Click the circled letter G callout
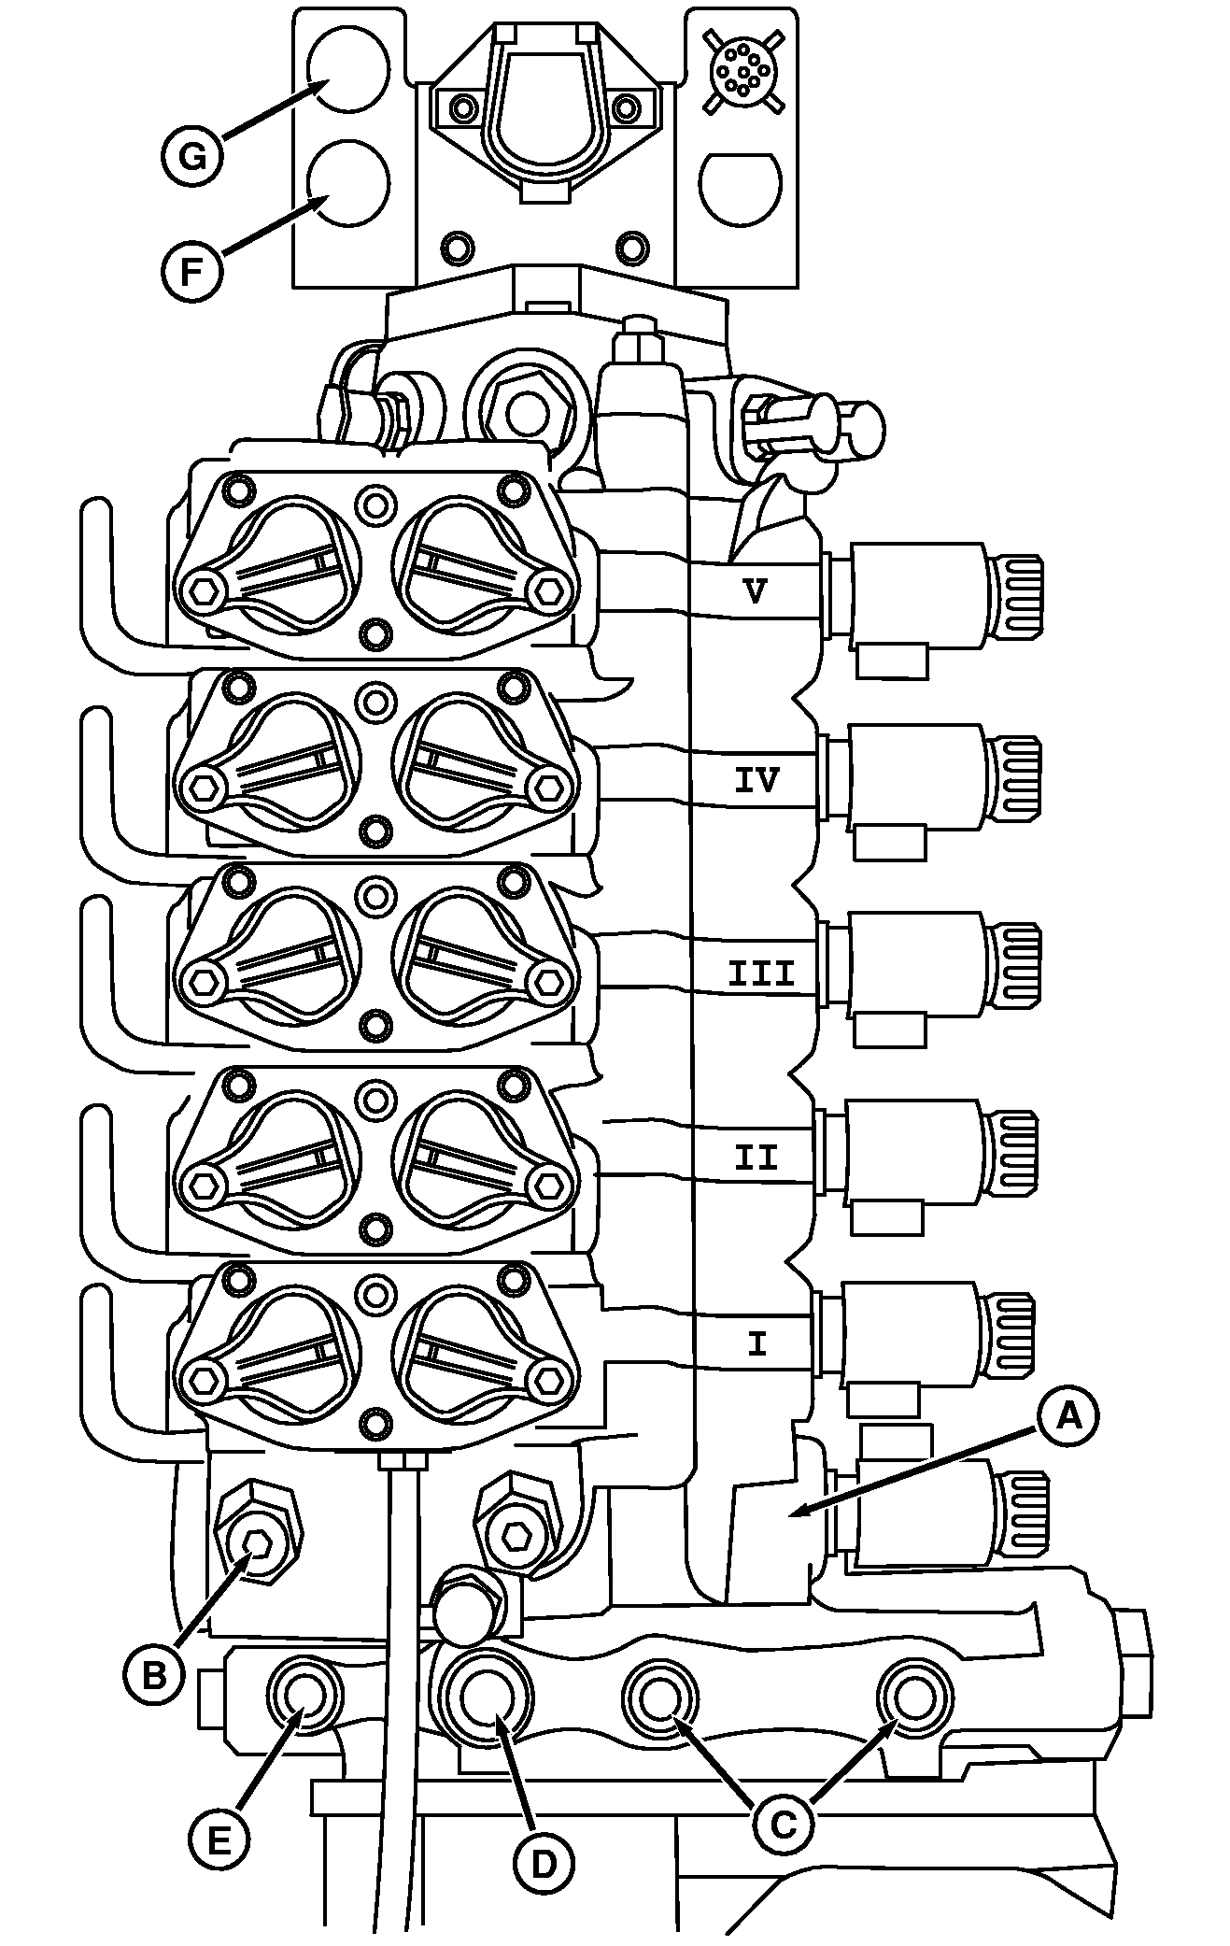[x=192, y=156]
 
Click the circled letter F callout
[x=191, y=273]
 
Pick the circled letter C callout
[x=783, y=1822]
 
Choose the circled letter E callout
[x=218, y=1840]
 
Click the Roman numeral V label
[x=757, y=589]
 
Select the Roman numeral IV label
[x=756, y=779]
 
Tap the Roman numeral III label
[x=761, y=974]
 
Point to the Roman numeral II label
[x=756, y=1158]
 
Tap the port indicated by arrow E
[x=304, y=1695]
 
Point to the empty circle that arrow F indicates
[x=346, y=183]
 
